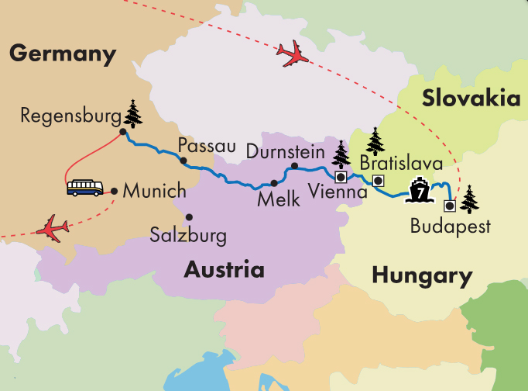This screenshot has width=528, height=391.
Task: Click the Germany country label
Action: pyautogui.click(x=62, y=54)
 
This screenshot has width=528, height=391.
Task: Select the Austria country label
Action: pyautogui.click(x=224, y=270)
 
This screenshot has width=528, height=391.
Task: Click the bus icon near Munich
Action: pyautogui.click(x=84, y=188)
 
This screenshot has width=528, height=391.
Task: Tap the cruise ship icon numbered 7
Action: pyautogui.click(x=418, y=189)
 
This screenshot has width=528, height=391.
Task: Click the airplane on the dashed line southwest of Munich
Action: pyautogui.click(x=53, y=229)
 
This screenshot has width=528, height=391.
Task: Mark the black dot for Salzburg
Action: pyautogui.click(x=188, y=217)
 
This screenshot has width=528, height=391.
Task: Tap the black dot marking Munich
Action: pyautogui.click(x=114, y=190)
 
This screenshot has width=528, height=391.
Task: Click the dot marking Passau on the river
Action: pyautogui.click(x=183, y=161)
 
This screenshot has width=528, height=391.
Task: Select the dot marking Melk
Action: pyautogui.click(x=274, y=183)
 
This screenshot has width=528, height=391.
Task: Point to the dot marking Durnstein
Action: pyautogui.click(x=294, y=166)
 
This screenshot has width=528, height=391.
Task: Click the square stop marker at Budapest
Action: pyautogui.click(x=449, y=206)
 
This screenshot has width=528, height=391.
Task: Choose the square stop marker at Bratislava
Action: pyautogui.click(x=378, y=181)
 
